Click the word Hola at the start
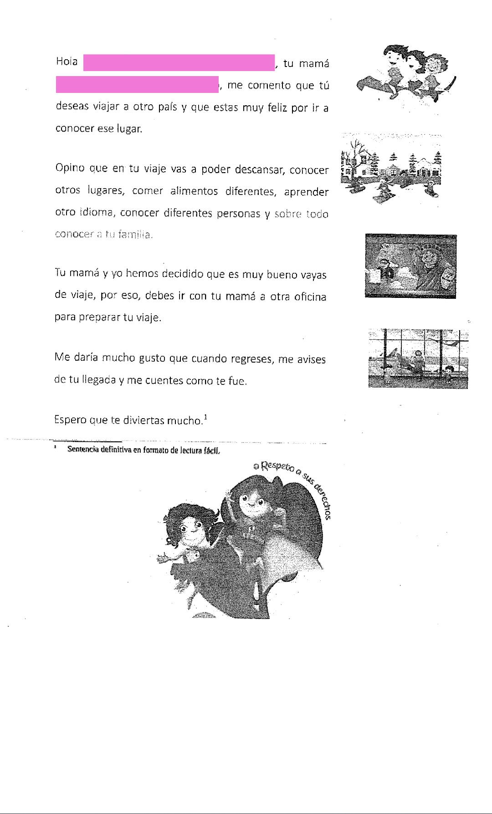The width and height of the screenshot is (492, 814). coord(67,61)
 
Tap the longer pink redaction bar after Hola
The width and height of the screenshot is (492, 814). coord(179,63)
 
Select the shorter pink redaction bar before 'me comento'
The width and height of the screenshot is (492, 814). coord(137,85)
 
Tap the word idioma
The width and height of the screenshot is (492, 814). coord(94,213)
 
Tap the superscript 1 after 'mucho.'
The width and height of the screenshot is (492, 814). coord(206,417)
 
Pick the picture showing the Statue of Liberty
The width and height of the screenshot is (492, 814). coord(410,266)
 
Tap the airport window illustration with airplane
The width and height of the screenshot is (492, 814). coord(418,358)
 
